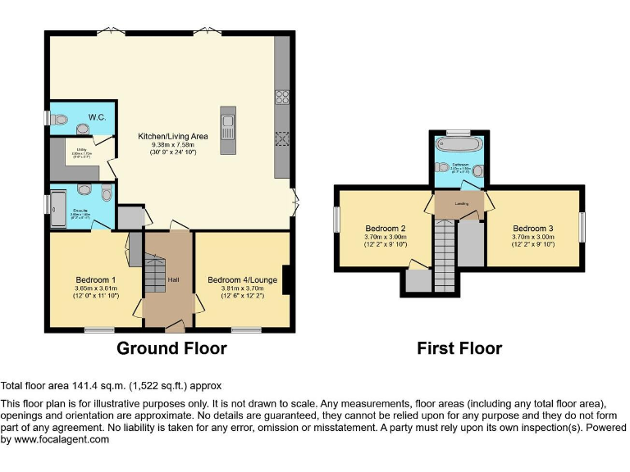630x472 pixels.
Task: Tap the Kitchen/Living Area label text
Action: coord(172,136)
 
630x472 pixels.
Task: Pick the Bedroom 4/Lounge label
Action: coord(241,280)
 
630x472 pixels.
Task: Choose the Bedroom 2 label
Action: coord(385,227)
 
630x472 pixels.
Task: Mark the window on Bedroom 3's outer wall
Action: coord(583,226)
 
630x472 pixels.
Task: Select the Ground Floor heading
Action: coord(171,348)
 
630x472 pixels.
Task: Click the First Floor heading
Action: coord(459,348)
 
